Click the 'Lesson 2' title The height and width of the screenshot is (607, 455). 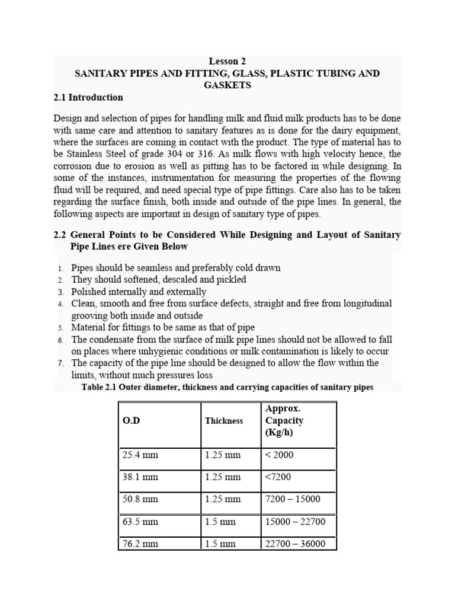[x=227, y=61]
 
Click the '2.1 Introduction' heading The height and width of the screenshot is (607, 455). [x=88, y=97]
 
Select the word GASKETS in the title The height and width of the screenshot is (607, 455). [x=227, y=85]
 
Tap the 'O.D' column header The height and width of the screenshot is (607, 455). [x=131, y=420]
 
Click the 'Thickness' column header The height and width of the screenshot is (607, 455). [x=224, y=421]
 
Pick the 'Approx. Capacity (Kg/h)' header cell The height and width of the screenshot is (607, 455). [x=284, y=420]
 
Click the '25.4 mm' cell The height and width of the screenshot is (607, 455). [x=140, y=455]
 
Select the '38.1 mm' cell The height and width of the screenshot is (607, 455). [x=140, y=477]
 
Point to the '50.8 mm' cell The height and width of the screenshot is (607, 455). [x=140, y=499]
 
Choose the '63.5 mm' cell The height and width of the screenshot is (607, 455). [x=140, y=522]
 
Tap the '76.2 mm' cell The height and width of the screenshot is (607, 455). [x=140, y=544]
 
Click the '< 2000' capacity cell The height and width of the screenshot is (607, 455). [x=279, y=455]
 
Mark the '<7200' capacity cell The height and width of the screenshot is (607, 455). [x=278, y=477]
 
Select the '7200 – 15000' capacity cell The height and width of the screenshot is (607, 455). [x=293, y=499]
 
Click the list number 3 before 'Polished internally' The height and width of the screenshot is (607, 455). [x=60, y=292]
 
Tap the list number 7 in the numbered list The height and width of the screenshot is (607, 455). [x=60, y=363]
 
